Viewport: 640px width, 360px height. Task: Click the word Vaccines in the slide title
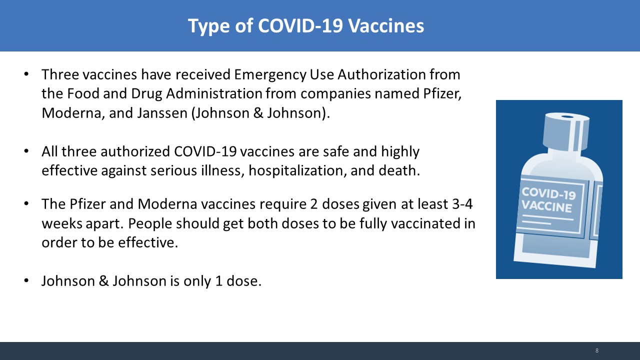[x=386, y=25]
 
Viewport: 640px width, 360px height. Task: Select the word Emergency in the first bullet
[x=270, y=75]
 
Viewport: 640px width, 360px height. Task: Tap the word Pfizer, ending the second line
[x=442, y=94]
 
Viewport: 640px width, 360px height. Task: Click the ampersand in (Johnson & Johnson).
[x=258, y=113]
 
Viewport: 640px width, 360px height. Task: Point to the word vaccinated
[x=426, y=223]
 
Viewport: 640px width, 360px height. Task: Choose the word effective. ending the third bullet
[x=148, y=243]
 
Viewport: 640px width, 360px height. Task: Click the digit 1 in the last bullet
[x=219, y=281]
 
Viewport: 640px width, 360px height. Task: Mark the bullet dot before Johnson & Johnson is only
[x=26, y=280]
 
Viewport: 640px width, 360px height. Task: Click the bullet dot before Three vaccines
[x=26, y=74]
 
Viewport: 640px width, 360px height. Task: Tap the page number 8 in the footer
[x=597, y=350]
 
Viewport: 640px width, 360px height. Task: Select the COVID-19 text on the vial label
[x=548, y=193]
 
